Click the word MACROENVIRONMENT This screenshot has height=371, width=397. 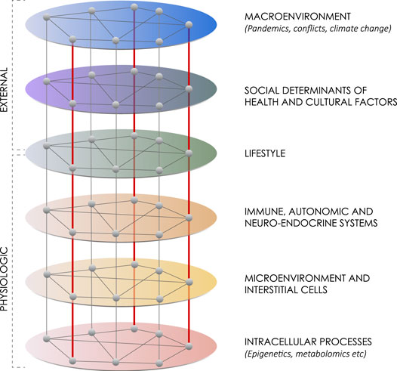297,17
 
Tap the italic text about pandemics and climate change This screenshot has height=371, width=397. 319,29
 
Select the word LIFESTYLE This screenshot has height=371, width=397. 265,153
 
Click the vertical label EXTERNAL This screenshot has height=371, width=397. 5,90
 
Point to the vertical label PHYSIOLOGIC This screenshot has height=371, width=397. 5,279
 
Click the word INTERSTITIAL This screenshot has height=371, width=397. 269,289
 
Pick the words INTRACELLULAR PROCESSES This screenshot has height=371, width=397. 308,342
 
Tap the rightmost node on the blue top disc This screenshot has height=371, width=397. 189,25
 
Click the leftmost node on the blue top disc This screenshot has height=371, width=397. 46,17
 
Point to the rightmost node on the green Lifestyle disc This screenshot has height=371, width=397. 189,153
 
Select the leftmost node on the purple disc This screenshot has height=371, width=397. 47,82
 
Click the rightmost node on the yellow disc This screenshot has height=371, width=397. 189,282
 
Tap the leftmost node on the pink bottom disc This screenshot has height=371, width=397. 47,339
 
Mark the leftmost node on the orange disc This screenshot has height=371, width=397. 47,210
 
